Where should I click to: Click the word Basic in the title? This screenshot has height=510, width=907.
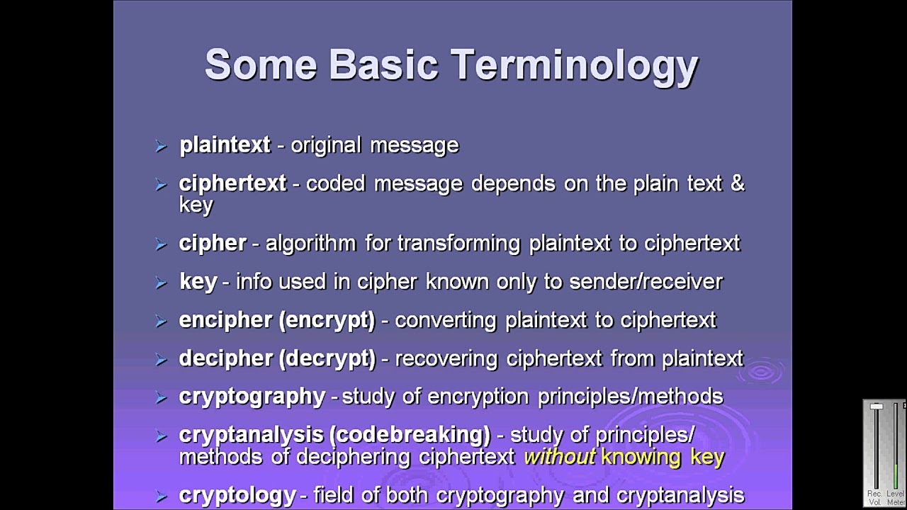pos(383,65)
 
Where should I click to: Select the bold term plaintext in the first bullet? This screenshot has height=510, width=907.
pos(225,145)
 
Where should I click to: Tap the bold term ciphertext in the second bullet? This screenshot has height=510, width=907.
pos(232,183)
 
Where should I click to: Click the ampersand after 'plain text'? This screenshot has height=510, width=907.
pos(737,183)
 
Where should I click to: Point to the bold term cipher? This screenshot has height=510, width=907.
pos(213,243)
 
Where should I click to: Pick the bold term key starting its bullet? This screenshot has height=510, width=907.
pos(198,281)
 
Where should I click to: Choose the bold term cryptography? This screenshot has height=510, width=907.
pos(252,396)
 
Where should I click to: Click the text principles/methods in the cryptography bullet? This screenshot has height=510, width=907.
pos(630,396)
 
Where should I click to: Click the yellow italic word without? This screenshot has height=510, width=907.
pos(559,457)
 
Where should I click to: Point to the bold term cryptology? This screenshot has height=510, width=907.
pos(237,494)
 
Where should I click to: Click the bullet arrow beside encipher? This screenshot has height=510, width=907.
pos(161,321)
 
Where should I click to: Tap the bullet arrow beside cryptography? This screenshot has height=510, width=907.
pos(161,397)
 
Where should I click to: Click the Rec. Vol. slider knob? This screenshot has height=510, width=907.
pos(877,407)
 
